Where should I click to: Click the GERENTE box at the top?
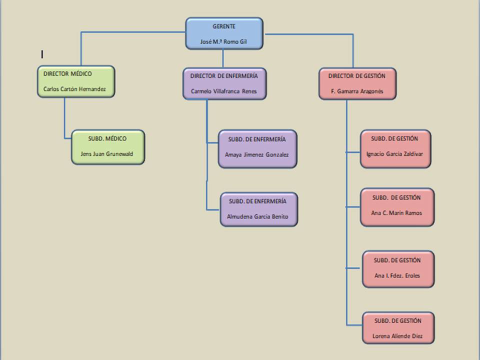(x=224, y=33)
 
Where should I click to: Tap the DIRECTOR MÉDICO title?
(x=67, y=73)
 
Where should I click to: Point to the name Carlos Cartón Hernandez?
(x=74, y=90)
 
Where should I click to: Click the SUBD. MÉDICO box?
(x=108, y=147)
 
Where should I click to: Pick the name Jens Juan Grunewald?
(x=107, y=154)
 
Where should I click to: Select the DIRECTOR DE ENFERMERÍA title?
(x=224, y=75)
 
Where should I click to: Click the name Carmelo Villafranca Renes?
(x=224, y=91)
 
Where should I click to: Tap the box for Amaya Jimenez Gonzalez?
(x=257, y=149)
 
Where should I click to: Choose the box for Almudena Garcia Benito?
(x=258, y=209)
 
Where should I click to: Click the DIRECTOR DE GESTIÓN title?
(x=357, y=75)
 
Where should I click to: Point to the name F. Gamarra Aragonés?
(x=357, y=92)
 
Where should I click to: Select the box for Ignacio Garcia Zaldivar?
(x=395, y=149)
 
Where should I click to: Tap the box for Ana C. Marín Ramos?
(x=397, y=207)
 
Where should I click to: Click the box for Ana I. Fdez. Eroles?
(x=398, y=269)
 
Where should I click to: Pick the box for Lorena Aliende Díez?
(x=398, y=328)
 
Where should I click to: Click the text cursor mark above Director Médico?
(x=42, y=54)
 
